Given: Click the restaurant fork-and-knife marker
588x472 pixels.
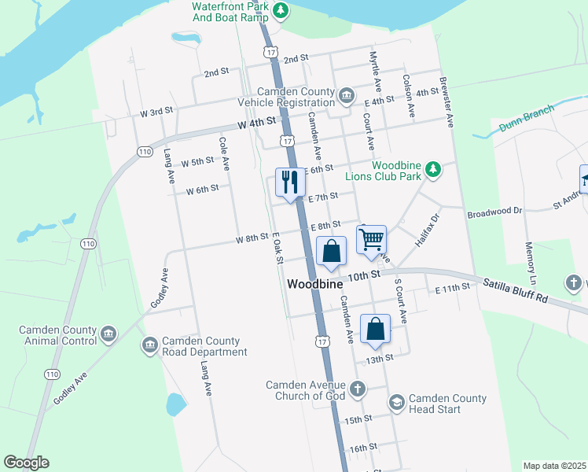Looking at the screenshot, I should [x=289, y=183].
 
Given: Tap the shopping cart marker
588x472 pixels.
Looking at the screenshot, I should [x=371, y=238].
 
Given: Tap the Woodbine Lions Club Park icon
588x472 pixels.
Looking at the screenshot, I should [x=432, y=169].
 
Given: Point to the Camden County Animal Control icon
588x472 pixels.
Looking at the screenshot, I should [x=108, y=335].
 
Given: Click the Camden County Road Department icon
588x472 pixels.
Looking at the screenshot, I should [x=149, y=345].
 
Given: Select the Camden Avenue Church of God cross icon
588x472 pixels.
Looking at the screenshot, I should [x=358, y=389].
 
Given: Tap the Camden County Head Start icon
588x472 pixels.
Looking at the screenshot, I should [x=396, y=403].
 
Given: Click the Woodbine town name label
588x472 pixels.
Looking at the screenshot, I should [x=315, y=284].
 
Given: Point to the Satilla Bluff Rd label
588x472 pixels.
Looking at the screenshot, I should [x=520, y=289].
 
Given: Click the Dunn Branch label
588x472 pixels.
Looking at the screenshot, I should [x=526, y=117].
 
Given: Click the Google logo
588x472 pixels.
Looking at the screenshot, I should [x=26, y=463].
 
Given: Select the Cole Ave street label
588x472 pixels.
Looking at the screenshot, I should [x=224, y=153].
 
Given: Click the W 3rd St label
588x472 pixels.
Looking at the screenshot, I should [x=156, y=112].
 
